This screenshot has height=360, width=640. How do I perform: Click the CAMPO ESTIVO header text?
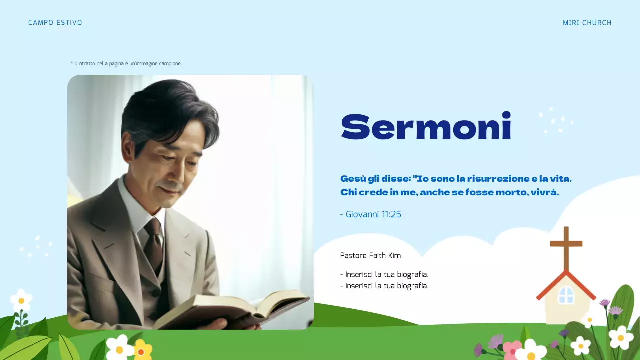(55, 23)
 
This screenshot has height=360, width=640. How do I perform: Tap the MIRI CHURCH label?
(587, 23)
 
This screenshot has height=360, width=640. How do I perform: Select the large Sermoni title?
(426, 126)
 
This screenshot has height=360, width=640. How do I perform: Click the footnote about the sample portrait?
(126, 64)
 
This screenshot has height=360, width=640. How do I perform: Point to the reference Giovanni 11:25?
(370, 214)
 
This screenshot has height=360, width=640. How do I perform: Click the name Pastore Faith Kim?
(370, 256)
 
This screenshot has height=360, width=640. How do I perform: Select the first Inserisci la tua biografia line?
(384, 274)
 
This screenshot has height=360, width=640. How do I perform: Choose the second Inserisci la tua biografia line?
(384, 286)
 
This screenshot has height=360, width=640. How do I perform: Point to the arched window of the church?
(566, 295)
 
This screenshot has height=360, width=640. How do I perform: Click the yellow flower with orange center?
(142, 351)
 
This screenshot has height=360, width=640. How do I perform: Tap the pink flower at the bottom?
(511, 349)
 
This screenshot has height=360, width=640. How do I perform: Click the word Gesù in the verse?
(351, 178)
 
